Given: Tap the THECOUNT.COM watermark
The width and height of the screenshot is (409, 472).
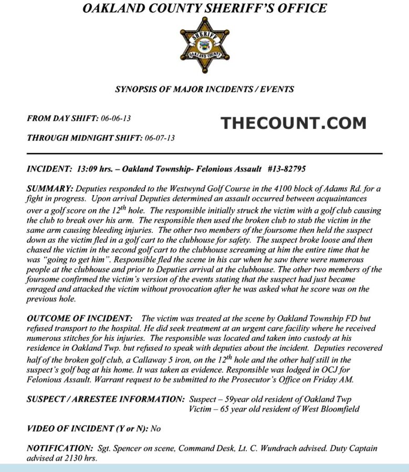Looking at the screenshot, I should point(293,123).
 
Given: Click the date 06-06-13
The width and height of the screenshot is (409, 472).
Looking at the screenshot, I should point(116,119).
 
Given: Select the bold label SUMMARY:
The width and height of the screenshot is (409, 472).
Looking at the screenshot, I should point(50,188).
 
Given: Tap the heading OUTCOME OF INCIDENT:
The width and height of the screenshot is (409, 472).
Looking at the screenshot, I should point(80,318).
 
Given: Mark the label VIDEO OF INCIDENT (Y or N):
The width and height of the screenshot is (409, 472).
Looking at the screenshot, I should point(87,428).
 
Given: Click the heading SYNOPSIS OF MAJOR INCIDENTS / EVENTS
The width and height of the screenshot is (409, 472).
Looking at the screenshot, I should point(204,89).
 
